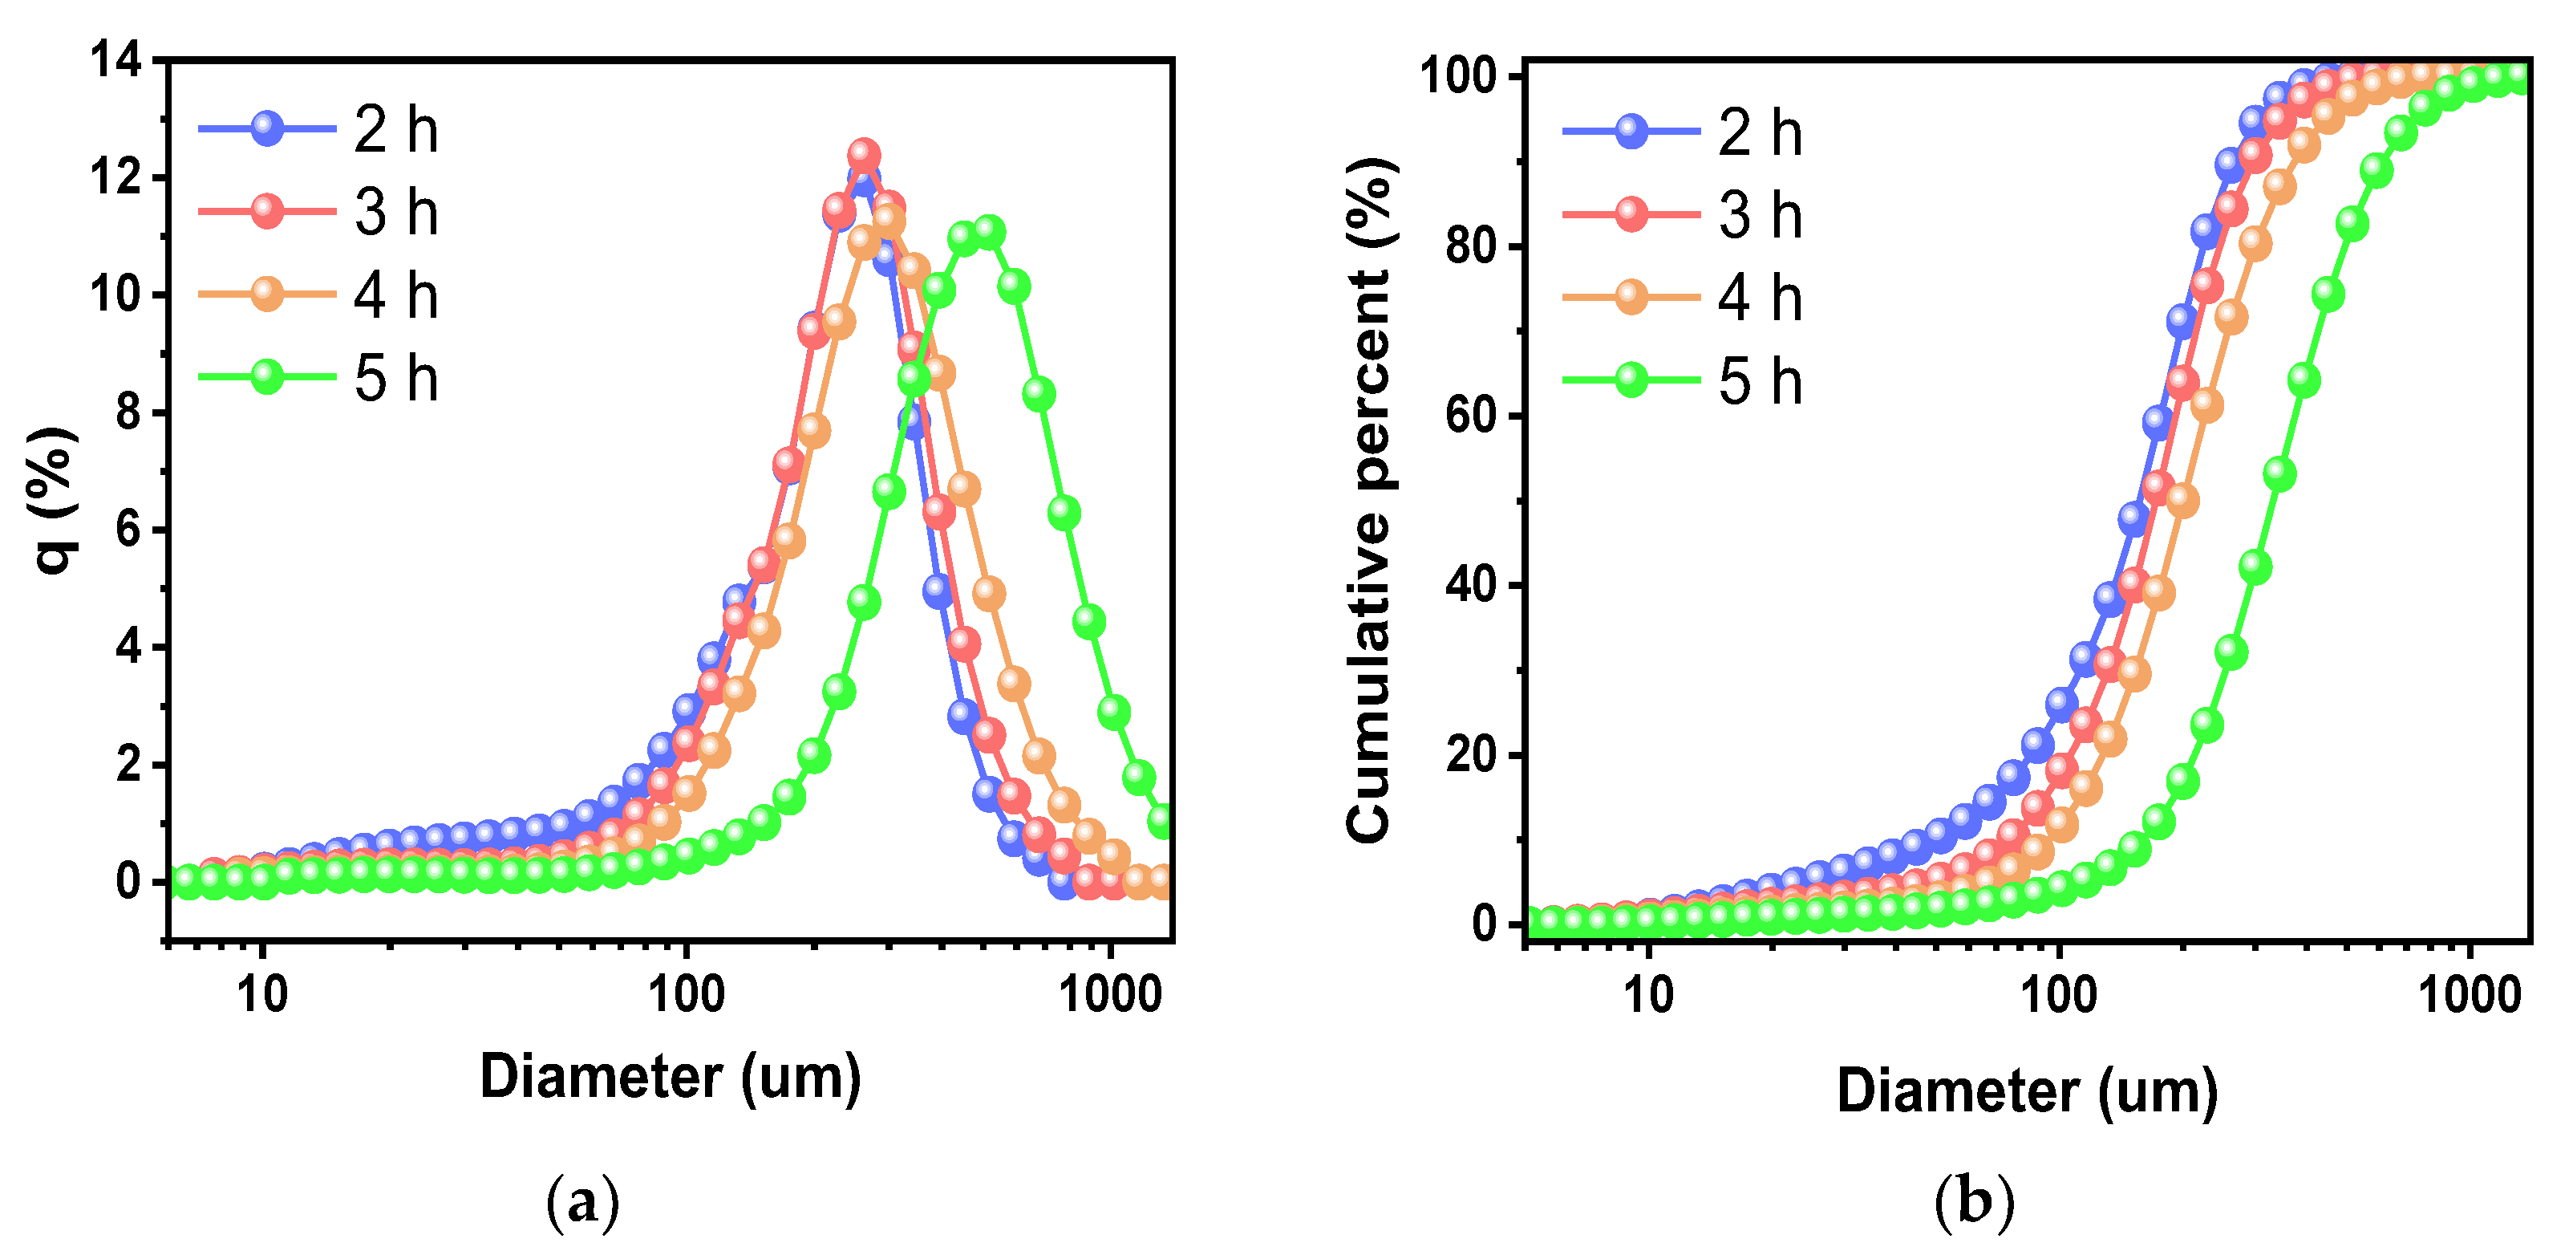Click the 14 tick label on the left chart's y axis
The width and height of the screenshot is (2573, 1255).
pos(115,61)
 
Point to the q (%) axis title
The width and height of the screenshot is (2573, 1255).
pos(55,500)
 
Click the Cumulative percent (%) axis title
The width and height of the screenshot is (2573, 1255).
pos(1371,500)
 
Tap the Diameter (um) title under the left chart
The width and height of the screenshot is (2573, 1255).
pos(671,1077)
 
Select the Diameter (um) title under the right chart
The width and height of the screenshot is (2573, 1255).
pos(2027,1091)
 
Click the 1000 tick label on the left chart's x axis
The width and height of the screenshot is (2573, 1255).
pos(1111,994)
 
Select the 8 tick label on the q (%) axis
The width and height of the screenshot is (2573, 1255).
pos(128,412)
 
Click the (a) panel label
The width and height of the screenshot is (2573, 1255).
pos(582,1202)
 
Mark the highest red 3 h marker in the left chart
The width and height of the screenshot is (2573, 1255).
pos(864,155)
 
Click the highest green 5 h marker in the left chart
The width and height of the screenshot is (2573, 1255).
pos(988,232)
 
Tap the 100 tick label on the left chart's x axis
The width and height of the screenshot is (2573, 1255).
pos(687,994)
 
